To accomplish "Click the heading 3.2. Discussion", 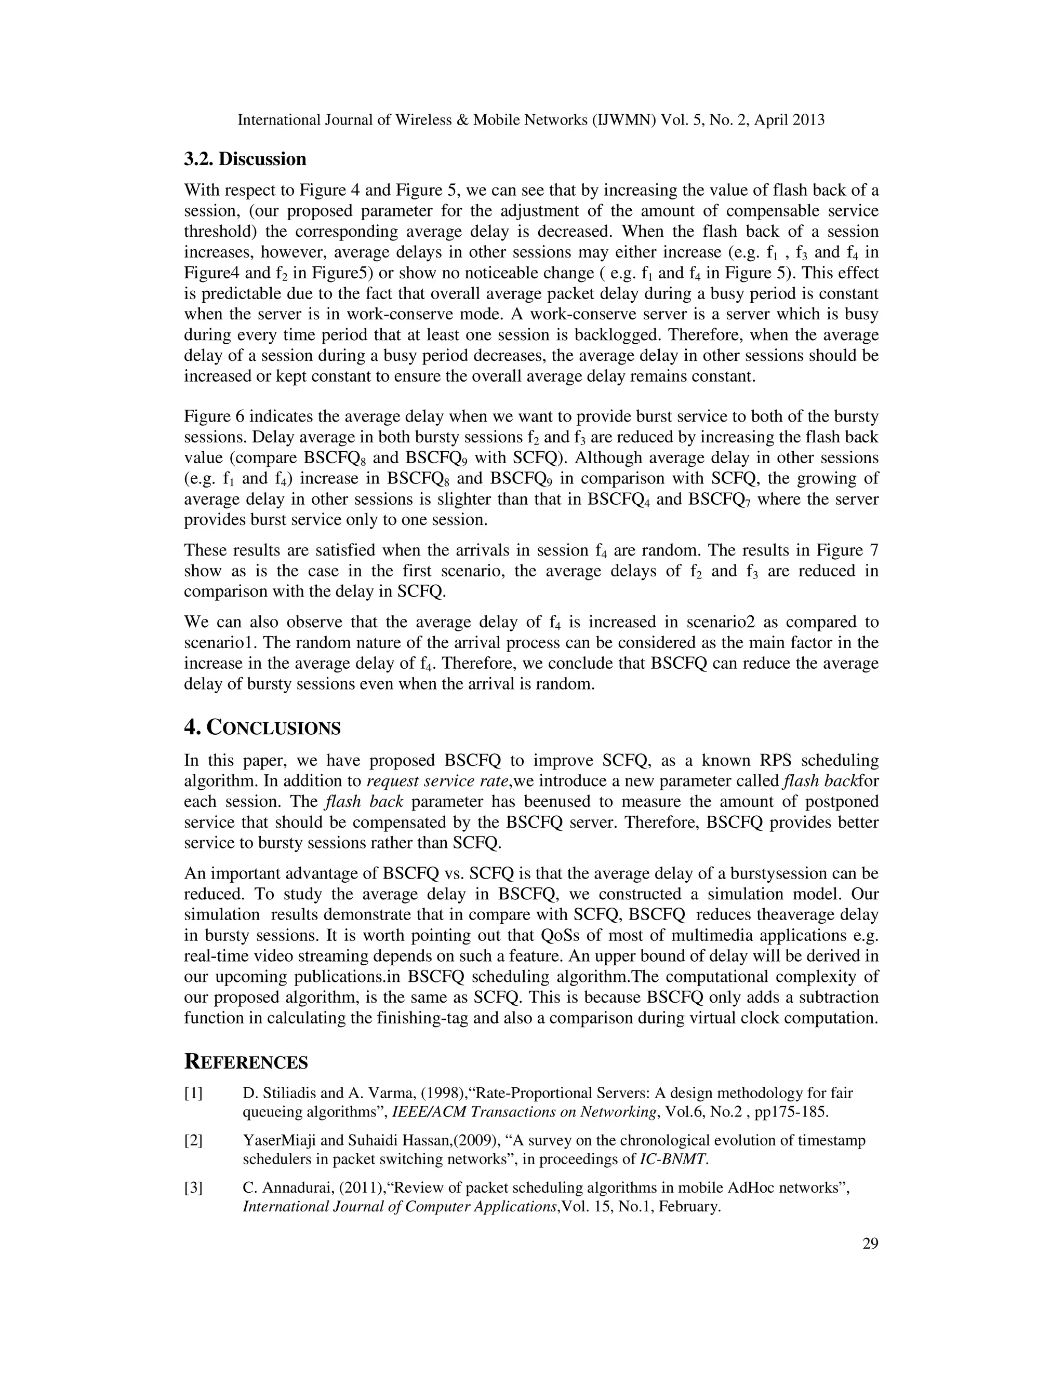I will (245, 159).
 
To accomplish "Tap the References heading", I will (246, 1062).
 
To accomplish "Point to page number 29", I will (870, 1243).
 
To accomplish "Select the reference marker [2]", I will (193, 1140).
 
